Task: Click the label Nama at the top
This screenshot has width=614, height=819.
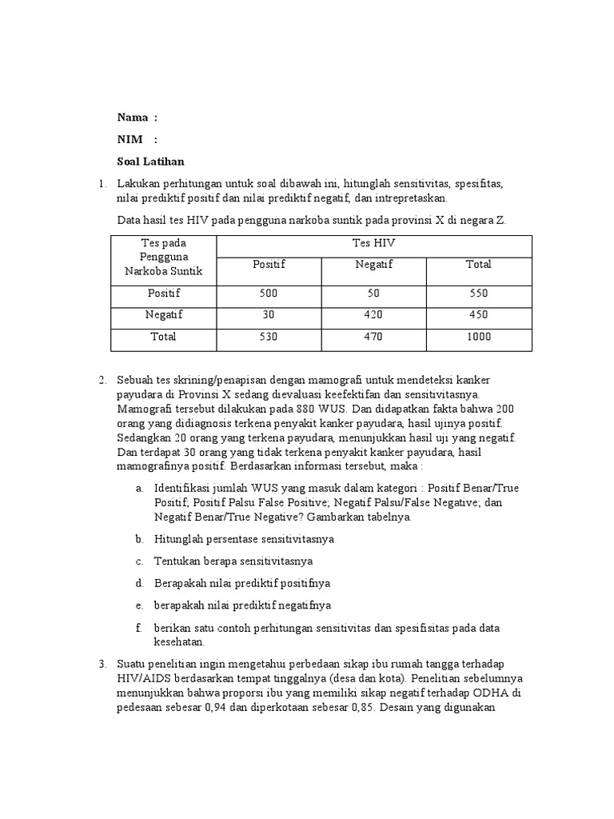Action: point(133,118)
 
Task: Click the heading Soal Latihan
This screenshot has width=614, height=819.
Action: point(151,161)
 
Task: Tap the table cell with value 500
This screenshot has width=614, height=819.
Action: point(269,294)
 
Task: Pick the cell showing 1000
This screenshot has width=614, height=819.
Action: point(478,337)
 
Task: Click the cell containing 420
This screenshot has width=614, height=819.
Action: point(373,315)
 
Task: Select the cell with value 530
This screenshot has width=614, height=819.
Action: point(269,337)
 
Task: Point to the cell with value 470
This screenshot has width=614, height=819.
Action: point(373,337)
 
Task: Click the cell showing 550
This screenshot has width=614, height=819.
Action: point(478,294)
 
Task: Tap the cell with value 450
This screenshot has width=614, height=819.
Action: point(478,315)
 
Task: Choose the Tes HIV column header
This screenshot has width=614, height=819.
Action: point(373,243)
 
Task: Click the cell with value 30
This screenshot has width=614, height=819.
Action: point(269,315)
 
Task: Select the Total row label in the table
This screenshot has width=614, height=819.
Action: point(163,337)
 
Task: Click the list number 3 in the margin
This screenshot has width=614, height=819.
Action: point(102,664)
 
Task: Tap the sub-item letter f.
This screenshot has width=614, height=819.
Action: point(138,628)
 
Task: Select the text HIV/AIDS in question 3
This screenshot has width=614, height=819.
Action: point(146,678)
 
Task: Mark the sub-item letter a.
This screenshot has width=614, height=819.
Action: point(139,488)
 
